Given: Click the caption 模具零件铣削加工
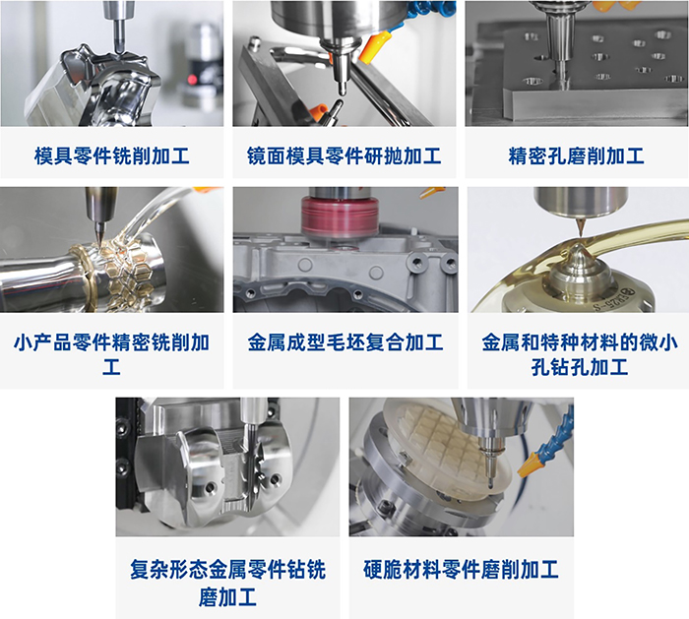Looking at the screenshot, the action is point(111,155).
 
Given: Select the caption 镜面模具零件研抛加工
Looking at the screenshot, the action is point(344,155).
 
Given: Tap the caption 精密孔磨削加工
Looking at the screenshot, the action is point(576,155).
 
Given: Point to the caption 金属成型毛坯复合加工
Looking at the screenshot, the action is point(345,342).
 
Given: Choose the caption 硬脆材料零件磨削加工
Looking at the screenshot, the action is point(461,570).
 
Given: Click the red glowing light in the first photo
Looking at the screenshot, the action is point(192,80).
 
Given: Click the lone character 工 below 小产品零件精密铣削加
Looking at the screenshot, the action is point(111,367).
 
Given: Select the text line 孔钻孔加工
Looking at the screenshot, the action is point(580,367).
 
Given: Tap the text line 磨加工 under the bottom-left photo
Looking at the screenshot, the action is point(227,597).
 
